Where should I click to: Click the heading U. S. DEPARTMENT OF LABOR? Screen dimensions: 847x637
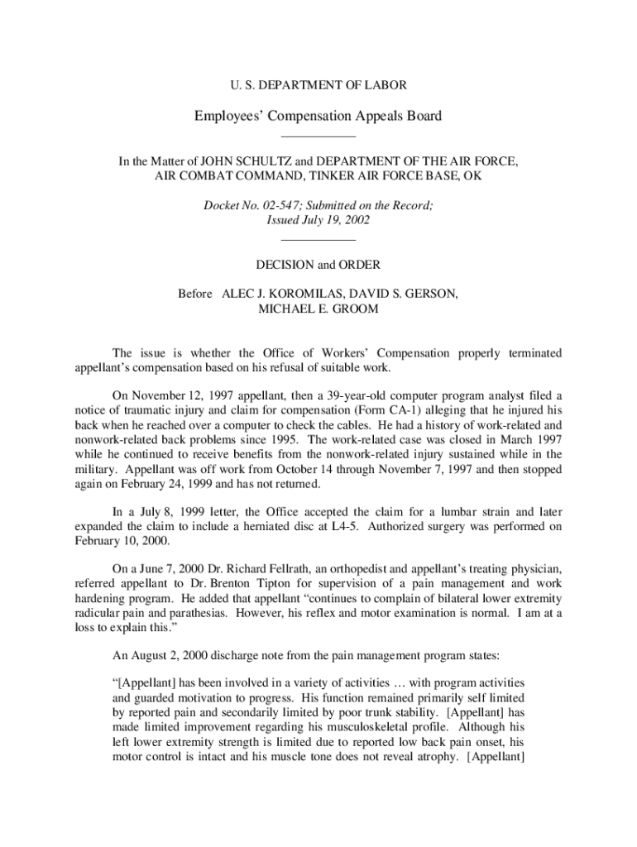click(x=318, y=85)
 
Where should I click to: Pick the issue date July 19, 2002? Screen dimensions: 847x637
click(x=335, y=221)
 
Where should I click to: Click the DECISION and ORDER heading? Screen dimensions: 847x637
click(x=318, y=265)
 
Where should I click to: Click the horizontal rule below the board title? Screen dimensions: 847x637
click(x=318, y=136)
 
